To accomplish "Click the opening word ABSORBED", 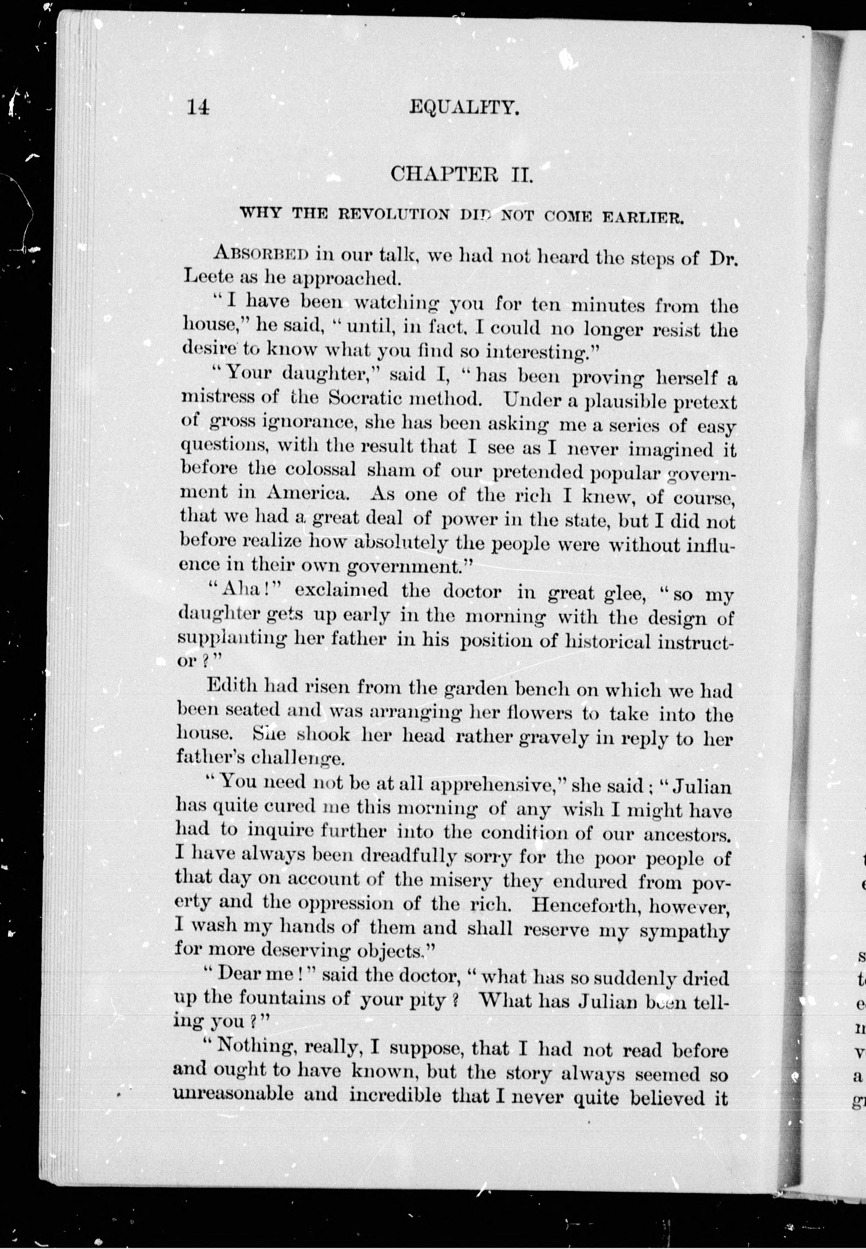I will coord(262,253).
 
